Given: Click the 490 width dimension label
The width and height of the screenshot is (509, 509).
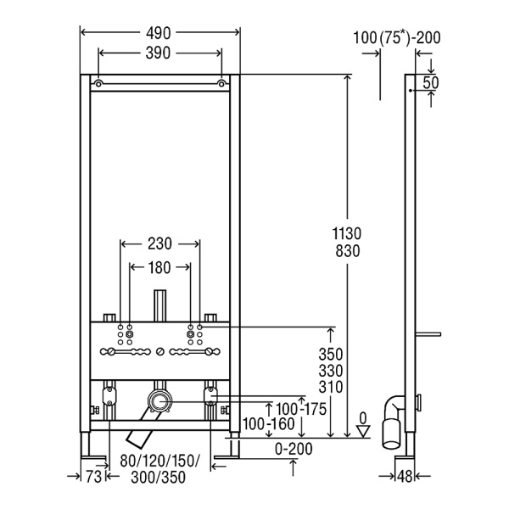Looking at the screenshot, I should [159, 33].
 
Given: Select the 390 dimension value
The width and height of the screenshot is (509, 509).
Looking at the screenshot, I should [159, 53].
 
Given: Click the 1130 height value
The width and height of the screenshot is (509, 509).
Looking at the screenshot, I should [348, 233].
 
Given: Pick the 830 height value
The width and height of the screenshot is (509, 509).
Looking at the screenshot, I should [348, 252].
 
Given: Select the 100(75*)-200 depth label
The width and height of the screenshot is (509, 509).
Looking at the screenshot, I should [397, 37].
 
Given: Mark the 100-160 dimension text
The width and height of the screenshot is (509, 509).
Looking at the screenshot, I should [269, 422].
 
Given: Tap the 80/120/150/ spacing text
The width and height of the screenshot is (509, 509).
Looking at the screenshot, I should [160, 462].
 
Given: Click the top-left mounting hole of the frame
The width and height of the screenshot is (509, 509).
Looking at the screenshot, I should [99, 85].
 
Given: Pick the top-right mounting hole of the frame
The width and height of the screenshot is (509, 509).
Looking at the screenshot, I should [221, 85].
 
